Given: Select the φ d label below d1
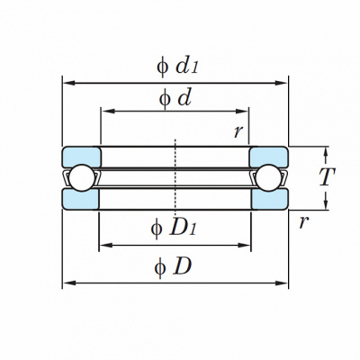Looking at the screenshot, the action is tap(175, 99).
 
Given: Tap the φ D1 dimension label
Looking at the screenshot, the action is tap(174, 229).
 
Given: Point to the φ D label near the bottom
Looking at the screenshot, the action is tap(173, 266).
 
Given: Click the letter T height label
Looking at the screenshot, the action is tap(327, 177).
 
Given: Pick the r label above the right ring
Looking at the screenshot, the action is tap(238, 131).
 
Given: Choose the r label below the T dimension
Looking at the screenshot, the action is tap(303, 222).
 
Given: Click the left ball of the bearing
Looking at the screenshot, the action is tap(82, 178).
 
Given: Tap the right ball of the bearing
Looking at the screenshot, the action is tap(268, 178).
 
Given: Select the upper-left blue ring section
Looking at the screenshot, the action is tap(82, 157).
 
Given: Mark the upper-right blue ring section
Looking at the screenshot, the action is tap(269, 157).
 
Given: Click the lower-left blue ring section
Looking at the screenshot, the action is tap(80, 199).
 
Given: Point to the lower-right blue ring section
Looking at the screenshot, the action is tap(270, 199).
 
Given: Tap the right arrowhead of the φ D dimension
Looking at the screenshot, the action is tap(281, 283).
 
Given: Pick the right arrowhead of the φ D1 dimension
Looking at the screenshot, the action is tap(244, 246).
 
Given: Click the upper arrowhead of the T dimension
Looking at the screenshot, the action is tap(327, 153).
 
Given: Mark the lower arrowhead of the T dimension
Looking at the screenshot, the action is tap(327, 203).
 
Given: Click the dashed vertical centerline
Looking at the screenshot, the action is tap(175, 177).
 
